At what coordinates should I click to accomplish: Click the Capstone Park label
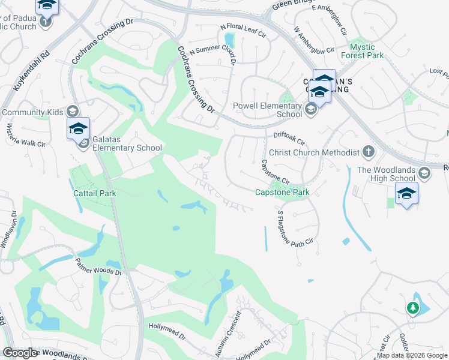282,193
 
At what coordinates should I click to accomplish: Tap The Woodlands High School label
386,174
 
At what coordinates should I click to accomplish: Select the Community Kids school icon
73,112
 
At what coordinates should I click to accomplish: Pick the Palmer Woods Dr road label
98,265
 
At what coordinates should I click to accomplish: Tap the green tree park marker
412,308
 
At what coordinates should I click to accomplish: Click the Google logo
20,353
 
